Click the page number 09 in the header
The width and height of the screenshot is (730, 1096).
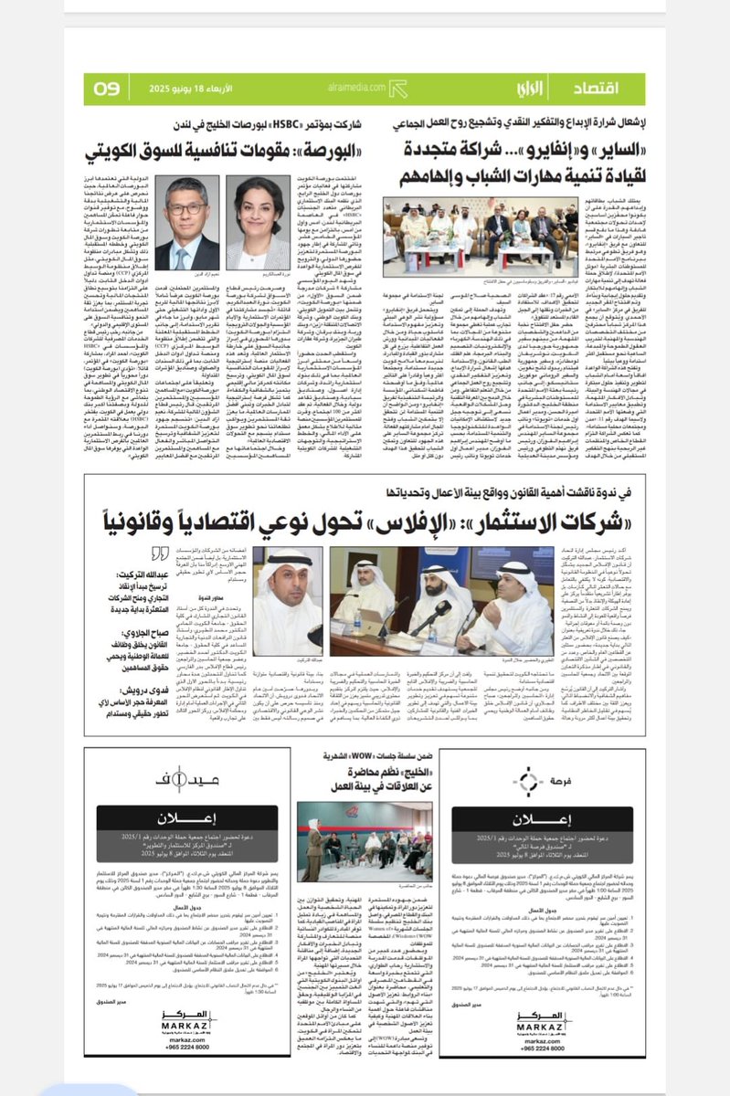tap(107, 88)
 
